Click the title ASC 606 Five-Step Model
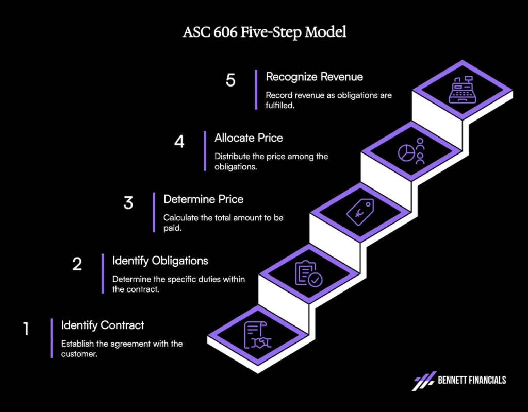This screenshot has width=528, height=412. click(x=265, y=32)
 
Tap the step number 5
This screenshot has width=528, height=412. click(x=230, y=80)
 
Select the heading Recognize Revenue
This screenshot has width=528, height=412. click(x=314, y=77)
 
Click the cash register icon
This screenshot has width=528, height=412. click(x=463, y=90)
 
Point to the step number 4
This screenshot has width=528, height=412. click(x=179, y=141)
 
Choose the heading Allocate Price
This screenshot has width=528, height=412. click(x=249, y=138)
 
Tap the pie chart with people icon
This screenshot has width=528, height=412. click(x=411, y=151)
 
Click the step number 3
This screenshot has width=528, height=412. click(x=128, y=203)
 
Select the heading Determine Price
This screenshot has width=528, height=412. click(x=203, y=199)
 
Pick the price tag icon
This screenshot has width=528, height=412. click(x=360, y=212)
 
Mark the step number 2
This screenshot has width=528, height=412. click(x=77, y=264)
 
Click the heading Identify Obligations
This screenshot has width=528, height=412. click(x=160, y=261)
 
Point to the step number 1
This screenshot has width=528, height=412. click(x=26, y=329)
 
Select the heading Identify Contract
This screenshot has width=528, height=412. click(x=103, y=325)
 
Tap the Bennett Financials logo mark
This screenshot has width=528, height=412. click(x=424, y=381)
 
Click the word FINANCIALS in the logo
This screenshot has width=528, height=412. click(x=487, y=380)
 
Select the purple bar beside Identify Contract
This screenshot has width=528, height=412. click(x=52, y=338)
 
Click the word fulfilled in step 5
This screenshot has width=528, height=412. click(x=279, y=105)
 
